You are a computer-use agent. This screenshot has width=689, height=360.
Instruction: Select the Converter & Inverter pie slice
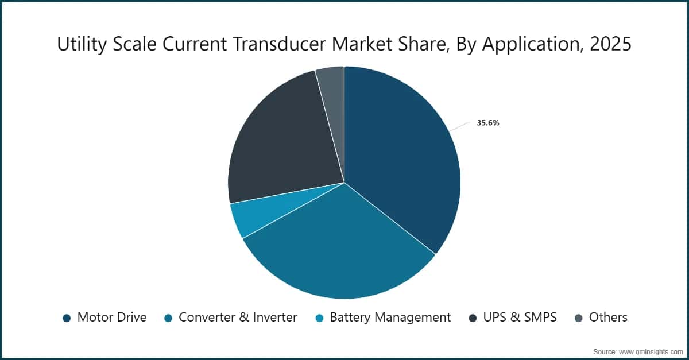[x=339, y=253]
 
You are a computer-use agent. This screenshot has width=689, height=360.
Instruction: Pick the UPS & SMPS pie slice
[x=276, y=144]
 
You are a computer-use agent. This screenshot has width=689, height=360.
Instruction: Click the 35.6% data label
[x=487, y=122]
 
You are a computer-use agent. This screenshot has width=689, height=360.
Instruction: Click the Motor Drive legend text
[x=112, y=317]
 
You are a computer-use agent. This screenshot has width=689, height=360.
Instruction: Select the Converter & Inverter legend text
[x=238, y=317]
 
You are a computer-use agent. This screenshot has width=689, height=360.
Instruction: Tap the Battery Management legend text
[x=390, y=317]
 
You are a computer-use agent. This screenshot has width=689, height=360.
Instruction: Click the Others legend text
[x=608, y=317]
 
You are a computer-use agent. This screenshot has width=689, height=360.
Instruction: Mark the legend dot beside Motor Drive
[x=67, y=318]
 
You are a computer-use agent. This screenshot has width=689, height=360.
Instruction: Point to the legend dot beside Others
[x=579, y=318]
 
